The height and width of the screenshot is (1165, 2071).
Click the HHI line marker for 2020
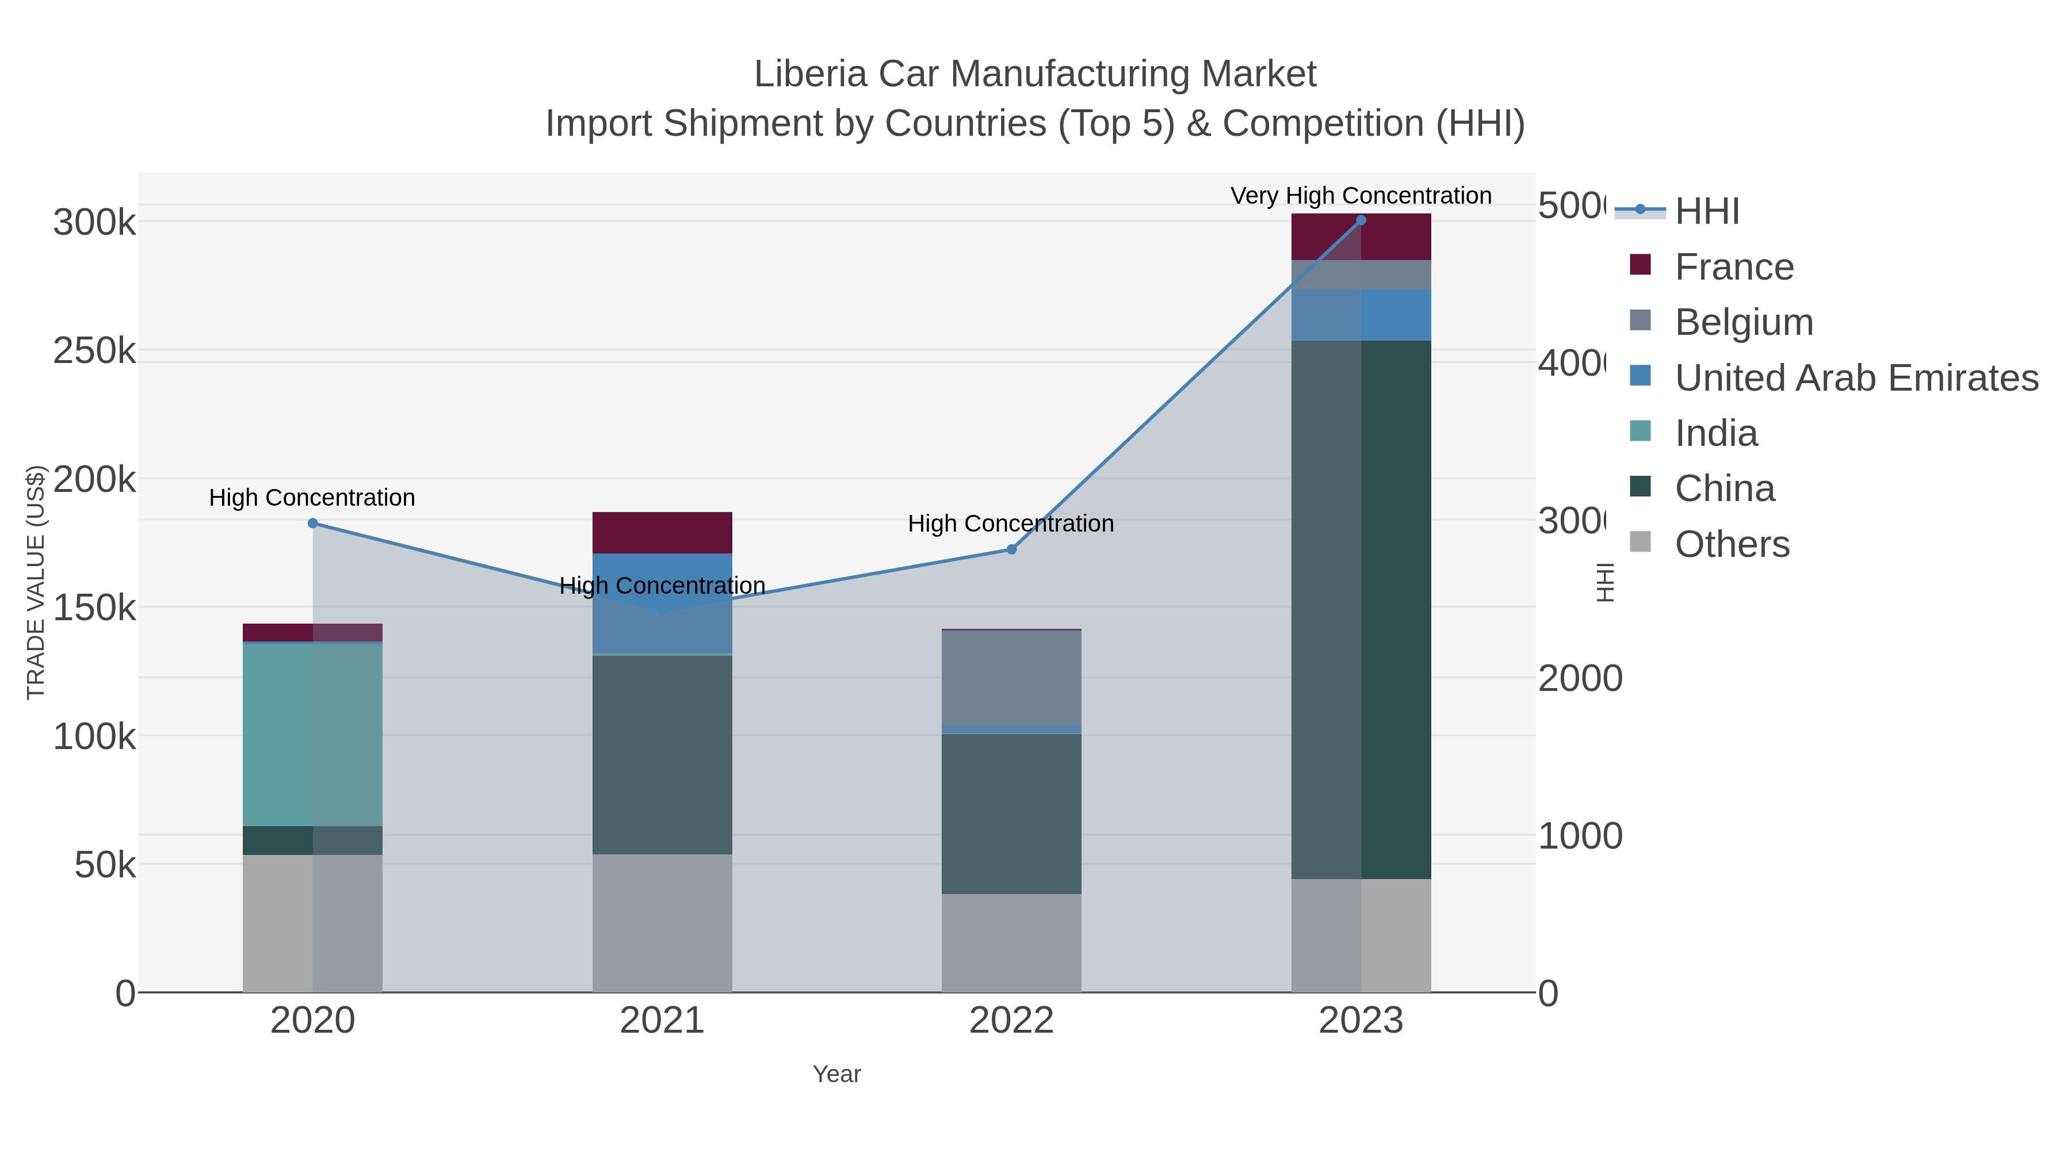[313, 524]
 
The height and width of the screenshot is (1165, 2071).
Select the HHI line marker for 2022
[1011, 549]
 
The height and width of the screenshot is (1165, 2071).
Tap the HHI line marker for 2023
[1361, 220]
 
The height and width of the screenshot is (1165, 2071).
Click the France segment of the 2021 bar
[662, 532]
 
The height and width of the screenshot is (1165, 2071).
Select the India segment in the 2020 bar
[313, 734]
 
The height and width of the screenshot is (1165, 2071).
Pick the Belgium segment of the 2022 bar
[1011, 678]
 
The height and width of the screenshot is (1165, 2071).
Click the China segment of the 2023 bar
[1361, 609]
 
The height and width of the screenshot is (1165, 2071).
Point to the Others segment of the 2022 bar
[1011, 942]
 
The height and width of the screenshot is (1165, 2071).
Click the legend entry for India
[1715, 433]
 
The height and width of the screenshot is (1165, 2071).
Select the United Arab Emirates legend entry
[1855, 378]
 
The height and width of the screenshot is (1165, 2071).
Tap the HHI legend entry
[1706, 212]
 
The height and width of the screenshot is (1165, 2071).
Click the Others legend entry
[1731, 544]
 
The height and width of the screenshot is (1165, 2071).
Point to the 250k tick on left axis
[95, 352]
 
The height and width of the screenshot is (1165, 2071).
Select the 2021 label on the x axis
[662, 1020]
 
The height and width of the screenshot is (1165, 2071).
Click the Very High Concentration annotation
[1361, 196]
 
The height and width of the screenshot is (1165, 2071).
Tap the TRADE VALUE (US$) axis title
[36, 582]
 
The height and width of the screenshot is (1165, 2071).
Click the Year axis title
[836, 1074]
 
